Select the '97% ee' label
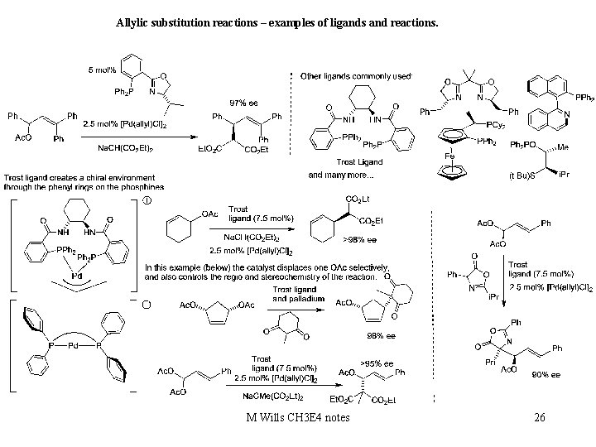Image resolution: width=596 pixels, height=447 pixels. pyautogui.click(x=243, y=103)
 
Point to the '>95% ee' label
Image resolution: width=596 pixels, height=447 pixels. pyautogui.click(x=377, y=363)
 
